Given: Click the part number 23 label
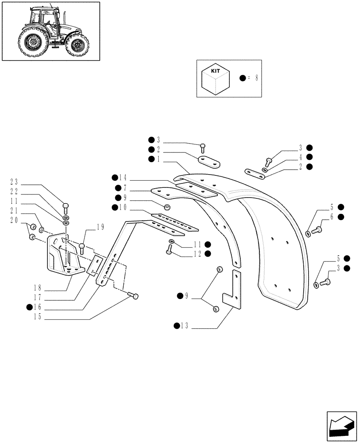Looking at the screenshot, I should coord(14,181).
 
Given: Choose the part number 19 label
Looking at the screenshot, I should coord(101,227).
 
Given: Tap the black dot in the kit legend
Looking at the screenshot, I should coord(243,78).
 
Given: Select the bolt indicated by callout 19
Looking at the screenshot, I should coord(82,248).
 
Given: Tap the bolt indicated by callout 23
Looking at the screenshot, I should coord(66,206).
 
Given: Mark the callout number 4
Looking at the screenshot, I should coord(300,157).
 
